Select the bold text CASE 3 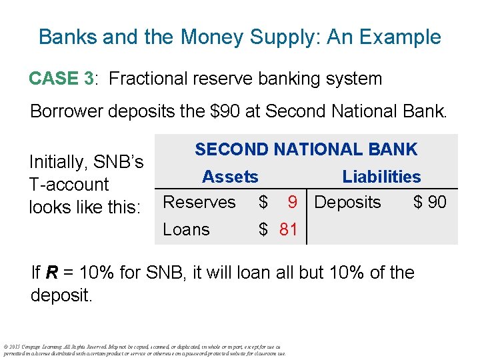coord(61,79)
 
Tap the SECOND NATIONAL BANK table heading coord(306,149)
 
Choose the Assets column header coord(230,177)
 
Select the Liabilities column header coord(381,177)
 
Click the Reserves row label coord(199,202)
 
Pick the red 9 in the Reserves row coord(292,203)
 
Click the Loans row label coord(186,229)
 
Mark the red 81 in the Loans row coord(288,230)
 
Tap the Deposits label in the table coord(347,203)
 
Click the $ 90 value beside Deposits coord(430,203)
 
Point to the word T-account coord(69,185)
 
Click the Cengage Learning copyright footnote coord(145,351)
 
